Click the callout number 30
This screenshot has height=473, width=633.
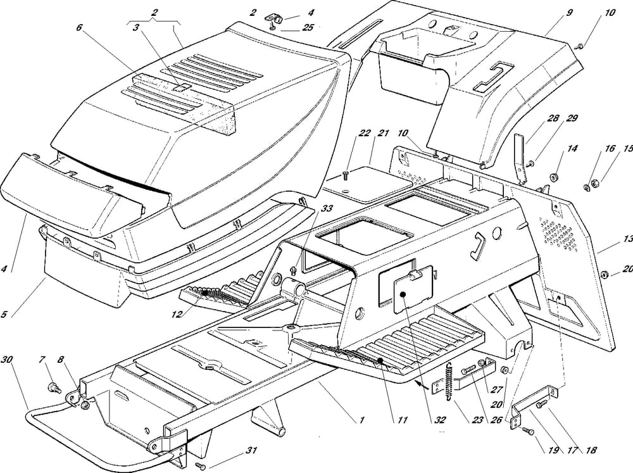pos(7,360)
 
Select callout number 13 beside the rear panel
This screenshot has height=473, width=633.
pos(627,239)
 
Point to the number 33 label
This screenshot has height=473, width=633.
pos(308,208)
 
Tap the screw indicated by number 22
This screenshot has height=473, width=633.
pos(346,173)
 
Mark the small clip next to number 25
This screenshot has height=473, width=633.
pos(275,18)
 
